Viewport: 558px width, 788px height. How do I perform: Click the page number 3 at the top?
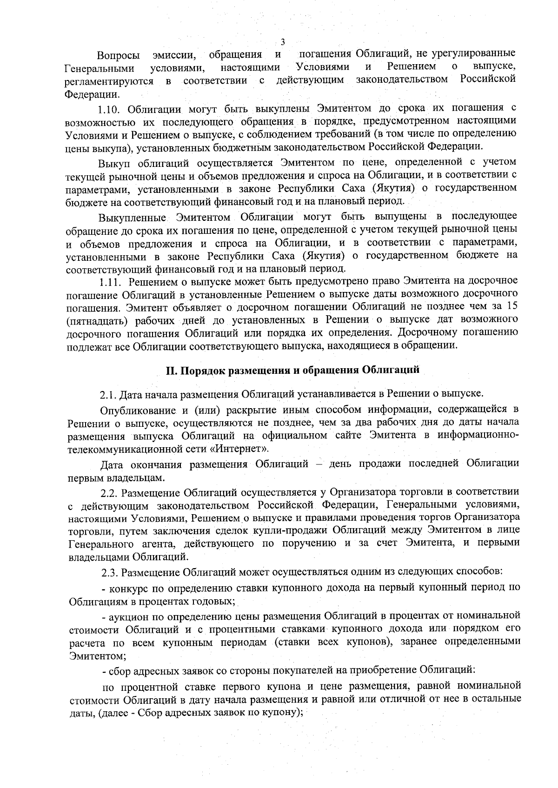[x=283, y=42]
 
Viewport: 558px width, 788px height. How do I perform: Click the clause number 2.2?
[x=109, y=493]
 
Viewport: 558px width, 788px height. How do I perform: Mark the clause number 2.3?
[x=109, y=571]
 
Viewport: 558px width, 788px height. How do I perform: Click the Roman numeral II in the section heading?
[x=171, y=371]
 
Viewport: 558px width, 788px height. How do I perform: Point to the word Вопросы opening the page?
[x=118, y=57]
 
